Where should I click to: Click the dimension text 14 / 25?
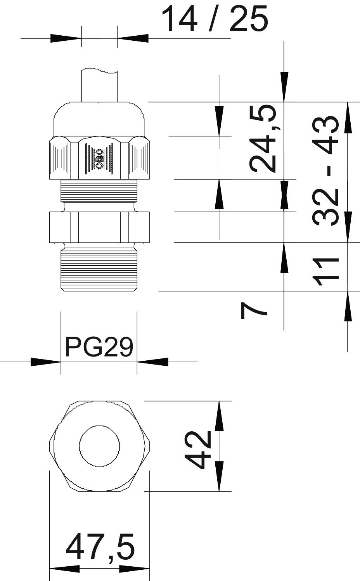coord(214,19)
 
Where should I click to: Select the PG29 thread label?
coord(99,347)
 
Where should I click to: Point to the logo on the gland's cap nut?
coord(99,158)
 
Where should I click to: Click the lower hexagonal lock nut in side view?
coord(99,227)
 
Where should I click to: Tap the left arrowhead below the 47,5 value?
coord(65,569)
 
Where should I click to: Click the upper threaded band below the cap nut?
coord(99,190)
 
